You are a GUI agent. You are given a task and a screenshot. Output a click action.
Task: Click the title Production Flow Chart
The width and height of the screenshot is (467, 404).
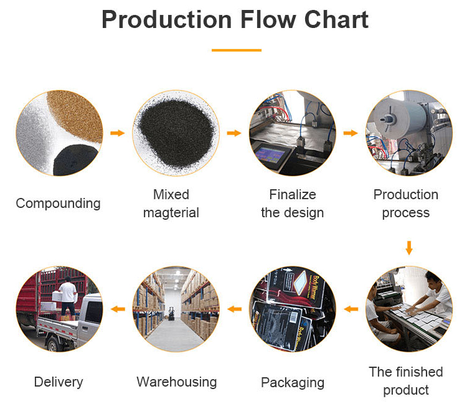[x=235, y=20]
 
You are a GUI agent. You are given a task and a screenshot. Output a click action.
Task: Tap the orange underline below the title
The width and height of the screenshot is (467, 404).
[x=236, y=50]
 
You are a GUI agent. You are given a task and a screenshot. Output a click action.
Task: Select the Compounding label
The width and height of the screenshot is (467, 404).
[x=58, y=204]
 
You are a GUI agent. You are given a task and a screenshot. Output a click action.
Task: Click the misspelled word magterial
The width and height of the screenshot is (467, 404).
[x=171, y=213]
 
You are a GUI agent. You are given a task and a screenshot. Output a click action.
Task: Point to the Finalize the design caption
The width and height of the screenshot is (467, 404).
[x=292, y=204]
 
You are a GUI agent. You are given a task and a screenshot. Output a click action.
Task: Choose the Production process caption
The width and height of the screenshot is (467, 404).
[x=406, y=204]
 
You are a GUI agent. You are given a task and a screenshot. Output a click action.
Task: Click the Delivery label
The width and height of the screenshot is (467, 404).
[x=59, y=382]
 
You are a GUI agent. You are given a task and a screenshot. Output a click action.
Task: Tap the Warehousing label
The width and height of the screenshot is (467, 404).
[x=177, y=382]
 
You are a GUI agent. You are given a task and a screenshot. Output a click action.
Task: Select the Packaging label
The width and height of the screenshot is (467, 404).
[x=293, y=382]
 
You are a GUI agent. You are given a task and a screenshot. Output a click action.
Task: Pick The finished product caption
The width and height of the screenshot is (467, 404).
[x=406, y=381]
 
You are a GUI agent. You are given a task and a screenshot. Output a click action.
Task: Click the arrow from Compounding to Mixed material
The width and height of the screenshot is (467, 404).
[x=117, y=133]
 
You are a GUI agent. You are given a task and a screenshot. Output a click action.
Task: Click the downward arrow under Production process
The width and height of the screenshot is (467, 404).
[x=409, y=247]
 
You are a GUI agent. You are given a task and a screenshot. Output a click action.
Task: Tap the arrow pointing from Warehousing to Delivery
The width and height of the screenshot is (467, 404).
[x=117, y=309]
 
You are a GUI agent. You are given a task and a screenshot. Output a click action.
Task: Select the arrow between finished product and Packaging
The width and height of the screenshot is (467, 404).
[x=351, y=309]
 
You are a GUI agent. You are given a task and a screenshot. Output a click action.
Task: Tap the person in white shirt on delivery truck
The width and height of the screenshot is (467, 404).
[x=68, y=296]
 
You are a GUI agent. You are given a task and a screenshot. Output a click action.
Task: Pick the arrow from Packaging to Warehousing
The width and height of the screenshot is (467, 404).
[x=235, y=309]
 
